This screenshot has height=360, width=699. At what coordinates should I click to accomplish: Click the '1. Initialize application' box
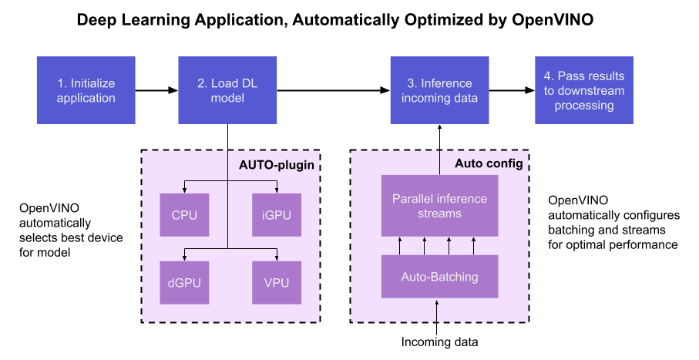[86, 90]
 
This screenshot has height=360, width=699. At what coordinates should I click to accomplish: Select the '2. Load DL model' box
[227, 90]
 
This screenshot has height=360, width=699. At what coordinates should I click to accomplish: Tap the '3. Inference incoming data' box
[439, 90]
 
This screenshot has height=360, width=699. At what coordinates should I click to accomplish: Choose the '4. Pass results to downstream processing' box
[584, 90]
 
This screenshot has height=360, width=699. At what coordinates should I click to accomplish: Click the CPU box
[184, 214]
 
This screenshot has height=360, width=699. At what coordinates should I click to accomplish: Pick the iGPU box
[277, 214]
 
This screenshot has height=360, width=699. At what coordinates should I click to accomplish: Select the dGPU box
[184, 282]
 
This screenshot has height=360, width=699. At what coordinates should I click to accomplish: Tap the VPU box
[277, 282]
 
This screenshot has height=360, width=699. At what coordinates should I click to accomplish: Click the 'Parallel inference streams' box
[439, 206]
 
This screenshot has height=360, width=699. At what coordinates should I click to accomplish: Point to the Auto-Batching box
[439, 276]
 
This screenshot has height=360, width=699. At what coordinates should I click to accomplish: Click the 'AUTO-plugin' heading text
[278, 164]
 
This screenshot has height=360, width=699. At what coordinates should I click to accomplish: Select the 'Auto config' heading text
[489, 163]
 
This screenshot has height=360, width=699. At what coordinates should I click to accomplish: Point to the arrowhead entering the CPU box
[184, 190]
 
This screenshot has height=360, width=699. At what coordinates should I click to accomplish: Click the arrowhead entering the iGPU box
[277, 190]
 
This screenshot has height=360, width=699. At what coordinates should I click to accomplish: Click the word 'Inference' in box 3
[446, 83]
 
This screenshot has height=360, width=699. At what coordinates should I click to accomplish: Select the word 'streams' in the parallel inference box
[439, 214]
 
